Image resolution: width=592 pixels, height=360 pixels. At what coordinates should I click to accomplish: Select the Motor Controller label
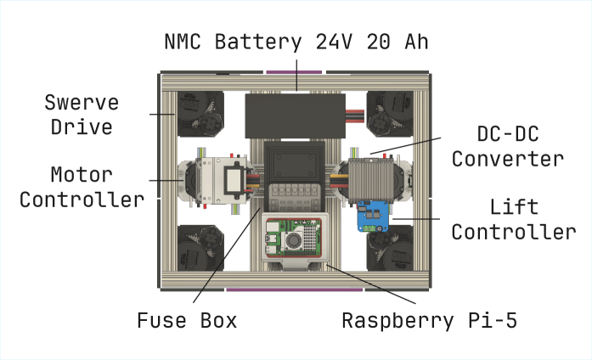point(82,188)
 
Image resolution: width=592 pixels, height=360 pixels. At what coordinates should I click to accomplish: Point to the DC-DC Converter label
point(507,146)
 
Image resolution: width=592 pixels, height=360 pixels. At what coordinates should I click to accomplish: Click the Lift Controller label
point(513,219)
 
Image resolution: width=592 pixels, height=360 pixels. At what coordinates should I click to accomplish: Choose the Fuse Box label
point(187,321)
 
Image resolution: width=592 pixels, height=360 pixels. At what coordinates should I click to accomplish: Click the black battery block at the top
point(296,115)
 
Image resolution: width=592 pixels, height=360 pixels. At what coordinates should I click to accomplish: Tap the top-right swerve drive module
point(390,114)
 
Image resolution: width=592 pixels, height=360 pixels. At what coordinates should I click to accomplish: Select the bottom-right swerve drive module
point(390,250)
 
